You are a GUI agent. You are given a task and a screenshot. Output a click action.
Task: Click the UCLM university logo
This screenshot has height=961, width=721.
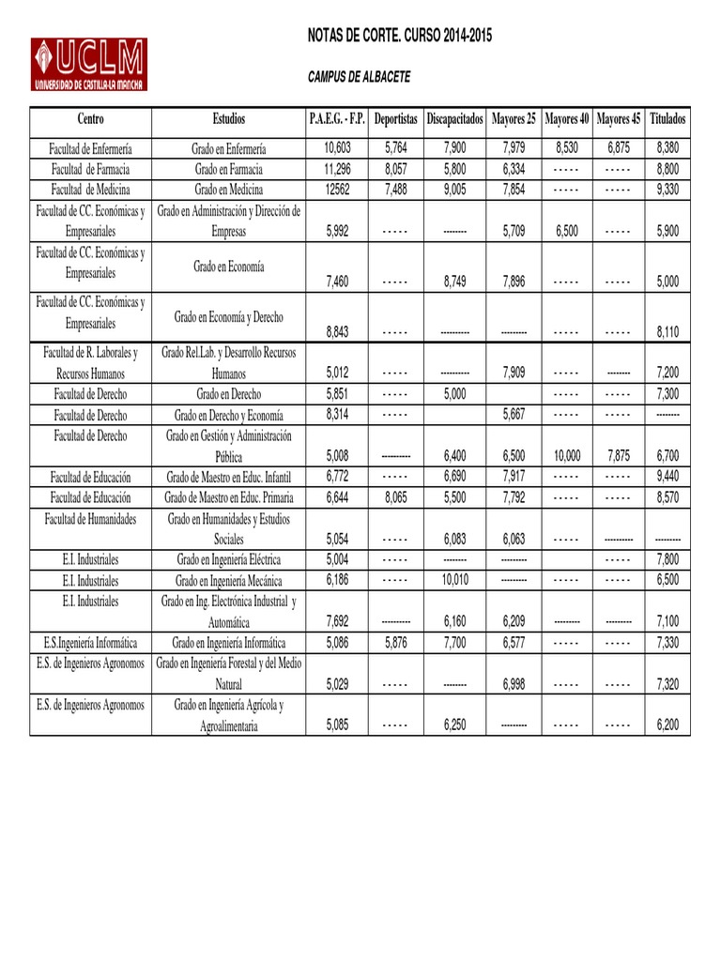point(88,64)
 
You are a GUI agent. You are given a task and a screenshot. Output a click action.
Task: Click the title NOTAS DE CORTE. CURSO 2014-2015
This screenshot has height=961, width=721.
point(400,36)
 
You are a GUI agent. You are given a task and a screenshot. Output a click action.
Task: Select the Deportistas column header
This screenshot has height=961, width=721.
point(395,119)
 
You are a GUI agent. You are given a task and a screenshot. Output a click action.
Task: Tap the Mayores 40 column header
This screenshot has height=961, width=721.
point(567,119)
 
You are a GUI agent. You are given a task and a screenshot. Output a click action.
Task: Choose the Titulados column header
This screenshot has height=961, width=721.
point(667,119)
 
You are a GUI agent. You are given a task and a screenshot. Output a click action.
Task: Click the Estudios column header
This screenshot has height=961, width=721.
point(229,119)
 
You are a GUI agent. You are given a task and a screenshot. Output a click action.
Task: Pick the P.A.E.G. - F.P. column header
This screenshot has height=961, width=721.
point(336,119)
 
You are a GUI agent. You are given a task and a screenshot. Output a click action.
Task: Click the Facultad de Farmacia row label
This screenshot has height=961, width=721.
point(91,169)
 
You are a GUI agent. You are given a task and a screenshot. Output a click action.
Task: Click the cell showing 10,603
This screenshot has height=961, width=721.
point(337,148)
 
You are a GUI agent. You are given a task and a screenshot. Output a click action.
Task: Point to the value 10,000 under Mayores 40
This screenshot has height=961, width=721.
point(567,455)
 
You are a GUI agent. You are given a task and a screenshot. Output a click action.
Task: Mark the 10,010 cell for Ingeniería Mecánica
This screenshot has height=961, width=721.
point(454,581)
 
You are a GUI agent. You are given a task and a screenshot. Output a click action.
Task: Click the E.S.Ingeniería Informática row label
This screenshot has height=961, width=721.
point(91,643)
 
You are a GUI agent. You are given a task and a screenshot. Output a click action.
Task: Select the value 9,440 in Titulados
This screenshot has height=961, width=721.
point(667,476)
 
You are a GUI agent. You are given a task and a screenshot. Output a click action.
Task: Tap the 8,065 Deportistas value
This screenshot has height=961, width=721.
point(395,497)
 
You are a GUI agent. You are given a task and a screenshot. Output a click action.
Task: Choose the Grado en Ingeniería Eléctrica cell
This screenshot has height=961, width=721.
point(229,559)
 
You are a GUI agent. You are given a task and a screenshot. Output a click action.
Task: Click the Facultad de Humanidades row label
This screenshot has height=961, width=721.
point(91,518)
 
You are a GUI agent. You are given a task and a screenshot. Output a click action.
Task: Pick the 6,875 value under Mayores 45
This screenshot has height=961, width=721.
point(618,148)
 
